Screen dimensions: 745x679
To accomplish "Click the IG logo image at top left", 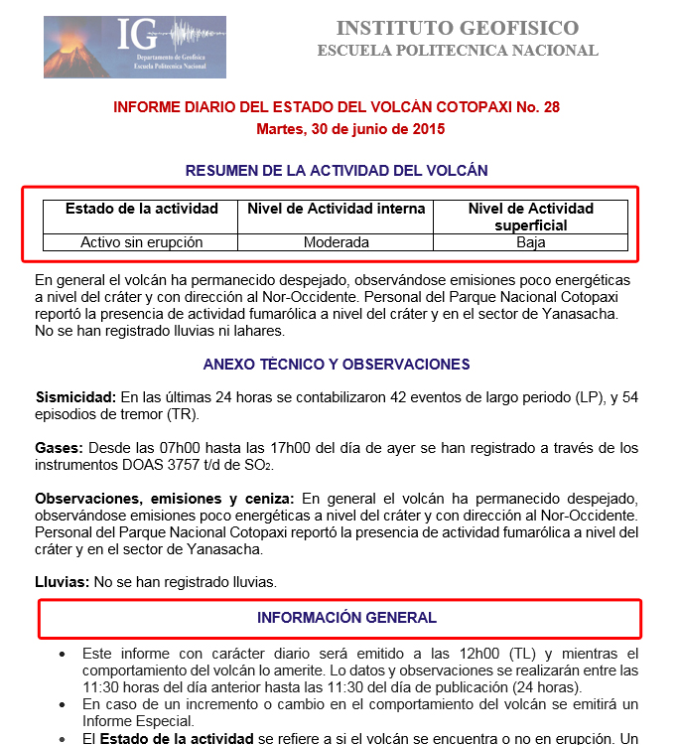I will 135,47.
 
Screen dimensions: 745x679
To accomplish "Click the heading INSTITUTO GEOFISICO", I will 457,28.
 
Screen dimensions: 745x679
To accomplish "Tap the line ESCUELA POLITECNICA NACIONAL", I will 457,51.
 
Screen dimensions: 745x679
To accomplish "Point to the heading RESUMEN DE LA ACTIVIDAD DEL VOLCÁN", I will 337,170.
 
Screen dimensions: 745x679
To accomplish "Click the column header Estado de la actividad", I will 141,209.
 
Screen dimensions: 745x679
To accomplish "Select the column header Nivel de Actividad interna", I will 337,209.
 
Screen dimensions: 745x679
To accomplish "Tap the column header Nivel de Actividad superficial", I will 530,217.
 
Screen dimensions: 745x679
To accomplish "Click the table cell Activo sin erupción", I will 141,242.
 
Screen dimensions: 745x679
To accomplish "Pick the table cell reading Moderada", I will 337,242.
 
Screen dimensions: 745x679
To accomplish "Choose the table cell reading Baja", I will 531,242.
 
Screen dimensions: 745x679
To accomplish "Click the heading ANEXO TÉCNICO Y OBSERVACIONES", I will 337,365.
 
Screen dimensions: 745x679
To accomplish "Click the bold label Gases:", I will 57,448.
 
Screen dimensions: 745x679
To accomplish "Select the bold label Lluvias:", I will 62,581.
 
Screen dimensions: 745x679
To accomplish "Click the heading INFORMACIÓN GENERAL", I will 346,618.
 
